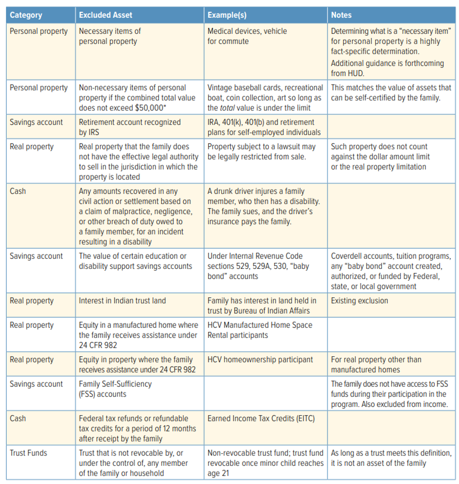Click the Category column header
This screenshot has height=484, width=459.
pos(26,15)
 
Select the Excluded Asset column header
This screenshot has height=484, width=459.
pos(105,15)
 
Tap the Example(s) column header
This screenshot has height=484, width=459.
pos(227,15)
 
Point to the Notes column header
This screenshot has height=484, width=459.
pos(341,15)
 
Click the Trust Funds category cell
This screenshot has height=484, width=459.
pos(28,453)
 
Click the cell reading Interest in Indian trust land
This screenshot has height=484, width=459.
pos(122,301)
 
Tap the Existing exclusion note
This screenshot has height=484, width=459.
pos(360,301)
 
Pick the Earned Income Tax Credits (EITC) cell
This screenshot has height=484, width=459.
pos(261,418)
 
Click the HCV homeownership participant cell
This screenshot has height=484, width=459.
pos(260,359)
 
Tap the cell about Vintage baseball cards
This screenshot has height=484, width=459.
pos(265,98)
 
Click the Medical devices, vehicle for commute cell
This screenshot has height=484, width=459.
pos(247,36)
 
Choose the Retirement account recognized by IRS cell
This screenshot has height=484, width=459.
pos(130,127)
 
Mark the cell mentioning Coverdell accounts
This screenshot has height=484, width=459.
pos(391,271)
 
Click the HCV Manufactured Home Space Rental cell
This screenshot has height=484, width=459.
pos(260,330)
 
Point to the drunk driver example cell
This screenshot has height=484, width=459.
pos(263,206)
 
